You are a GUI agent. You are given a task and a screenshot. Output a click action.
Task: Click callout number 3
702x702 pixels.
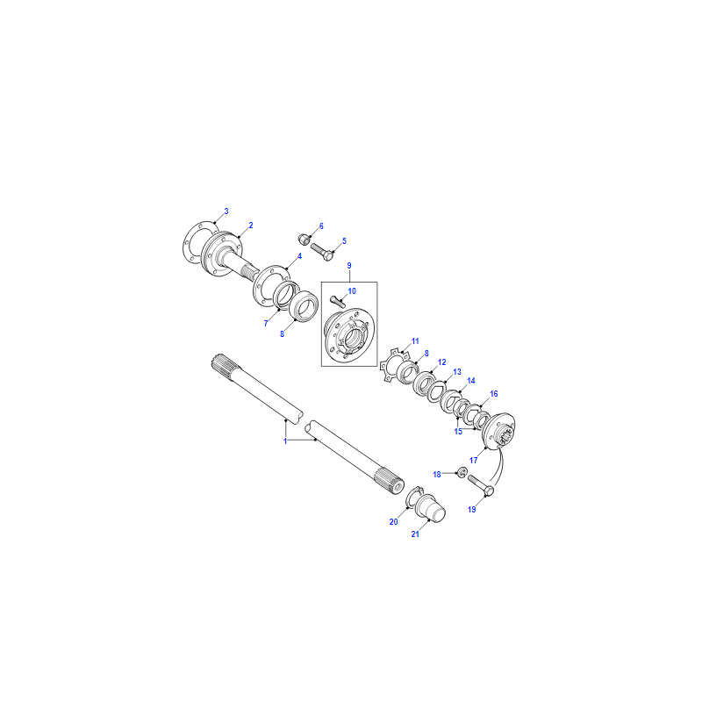[226, 211]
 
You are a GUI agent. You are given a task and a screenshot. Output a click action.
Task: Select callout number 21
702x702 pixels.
[415, 534]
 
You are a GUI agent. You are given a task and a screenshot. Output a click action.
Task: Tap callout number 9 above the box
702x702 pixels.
[349, 266]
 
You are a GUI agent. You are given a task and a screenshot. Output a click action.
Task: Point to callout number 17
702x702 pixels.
[473, 460]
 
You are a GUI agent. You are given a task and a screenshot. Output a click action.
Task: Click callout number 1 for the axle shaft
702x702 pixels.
[285, 441]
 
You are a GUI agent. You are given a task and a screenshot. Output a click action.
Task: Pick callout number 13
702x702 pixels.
[456, 372]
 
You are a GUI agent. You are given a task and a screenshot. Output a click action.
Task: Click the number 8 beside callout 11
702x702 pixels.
[426, 354]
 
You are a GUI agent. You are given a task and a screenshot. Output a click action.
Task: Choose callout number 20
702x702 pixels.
[393, 522]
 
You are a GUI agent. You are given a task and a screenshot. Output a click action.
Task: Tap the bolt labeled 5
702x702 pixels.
[322, 252]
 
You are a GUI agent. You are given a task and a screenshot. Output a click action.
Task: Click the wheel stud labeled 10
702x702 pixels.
[338, 301]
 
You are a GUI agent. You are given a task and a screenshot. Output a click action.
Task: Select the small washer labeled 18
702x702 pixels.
[462, 472]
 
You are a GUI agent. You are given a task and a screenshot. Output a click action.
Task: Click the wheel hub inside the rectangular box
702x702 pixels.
[349, 335]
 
